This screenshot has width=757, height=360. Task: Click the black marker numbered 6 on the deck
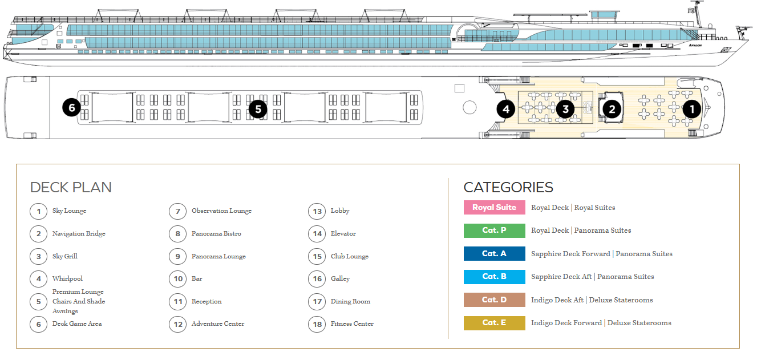pos(72,108)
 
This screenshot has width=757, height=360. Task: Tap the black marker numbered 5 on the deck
pos(258,109)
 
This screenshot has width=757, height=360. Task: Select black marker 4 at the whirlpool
pos(506,109)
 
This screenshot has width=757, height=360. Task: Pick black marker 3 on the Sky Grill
pos(565,109)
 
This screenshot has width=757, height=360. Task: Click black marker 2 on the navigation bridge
pos(612,109)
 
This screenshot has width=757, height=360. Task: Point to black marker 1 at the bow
pos(692,109)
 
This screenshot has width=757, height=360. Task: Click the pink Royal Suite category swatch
pos(495,207)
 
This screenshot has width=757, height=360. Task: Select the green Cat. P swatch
pos(495,230)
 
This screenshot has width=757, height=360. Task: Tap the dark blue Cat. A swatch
pos(495,253)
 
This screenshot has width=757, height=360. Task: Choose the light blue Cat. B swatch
pos(495,277)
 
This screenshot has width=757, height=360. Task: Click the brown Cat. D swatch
pos(495,300)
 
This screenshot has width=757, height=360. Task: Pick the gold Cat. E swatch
pos(495,323)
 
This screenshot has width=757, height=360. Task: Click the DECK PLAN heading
pos(71,187)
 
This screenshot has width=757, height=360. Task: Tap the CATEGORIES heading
pos(508,187)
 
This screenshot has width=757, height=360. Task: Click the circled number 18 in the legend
pos(317,324)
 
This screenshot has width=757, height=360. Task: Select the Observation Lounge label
pos(222,211)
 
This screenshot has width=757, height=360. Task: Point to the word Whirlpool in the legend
pos(67,278)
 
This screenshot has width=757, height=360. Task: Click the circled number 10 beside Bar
pos(178,279)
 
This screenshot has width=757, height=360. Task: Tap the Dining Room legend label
pos(350,301)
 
